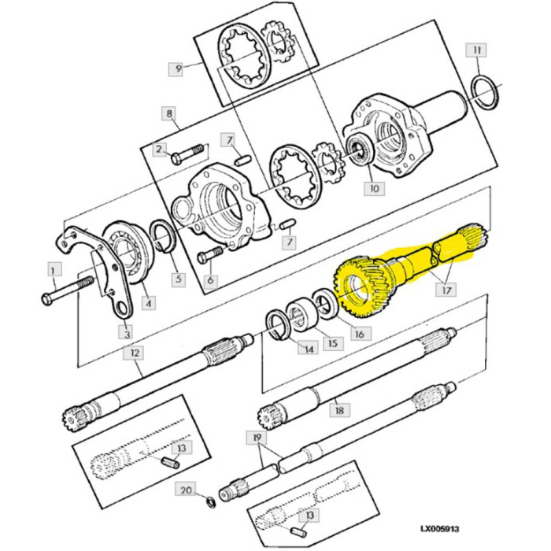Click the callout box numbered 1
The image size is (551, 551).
tap(54, 270)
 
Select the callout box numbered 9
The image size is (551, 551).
tap(178, 69)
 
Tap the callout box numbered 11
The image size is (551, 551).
tap(475, 52)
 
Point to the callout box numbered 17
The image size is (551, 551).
tap(448, 290)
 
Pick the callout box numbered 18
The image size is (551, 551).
tap(339, 411)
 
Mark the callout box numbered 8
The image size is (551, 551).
tap(168, 114)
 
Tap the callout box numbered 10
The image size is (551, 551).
tap(373, 189)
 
